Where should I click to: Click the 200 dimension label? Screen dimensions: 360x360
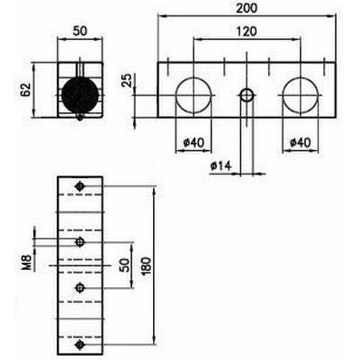247,8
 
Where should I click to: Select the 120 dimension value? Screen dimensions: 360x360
247,31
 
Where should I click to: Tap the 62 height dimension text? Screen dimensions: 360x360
26,89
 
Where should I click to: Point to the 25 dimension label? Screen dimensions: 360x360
127,80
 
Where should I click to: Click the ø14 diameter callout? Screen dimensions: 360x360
221,166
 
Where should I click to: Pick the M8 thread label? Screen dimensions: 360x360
28,263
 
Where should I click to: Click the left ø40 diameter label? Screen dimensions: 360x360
193,142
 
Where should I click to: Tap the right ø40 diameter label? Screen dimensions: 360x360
301,142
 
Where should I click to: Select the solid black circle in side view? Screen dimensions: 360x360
80,95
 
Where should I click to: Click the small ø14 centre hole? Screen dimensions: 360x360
247,95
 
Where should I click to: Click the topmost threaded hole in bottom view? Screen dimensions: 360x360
80,186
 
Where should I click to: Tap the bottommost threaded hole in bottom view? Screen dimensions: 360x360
80,345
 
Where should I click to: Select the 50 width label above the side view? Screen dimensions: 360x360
80,31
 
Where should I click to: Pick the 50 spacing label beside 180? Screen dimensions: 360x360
124,265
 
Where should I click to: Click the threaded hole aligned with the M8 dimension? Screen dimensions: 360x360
80,241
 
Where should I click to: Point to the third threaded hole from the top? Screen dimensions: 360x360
80,288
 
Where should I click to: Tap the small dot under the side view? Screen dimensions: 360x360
80,117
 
